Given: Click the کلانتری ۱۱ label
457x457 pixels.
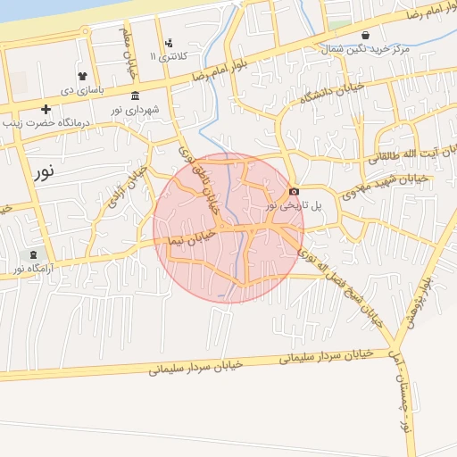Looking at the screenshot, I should [164, 55].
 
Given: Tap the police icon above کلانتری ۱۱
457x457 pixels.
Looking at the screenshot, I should [170, 42].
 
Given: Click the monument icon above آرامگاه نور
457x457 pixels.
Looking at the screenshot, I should [34, 254].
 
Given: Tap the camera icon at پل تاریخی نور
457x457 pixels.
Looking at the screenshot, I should [295, 191].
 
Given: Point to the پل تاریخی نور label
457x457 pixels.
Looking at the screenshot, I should [295, 205].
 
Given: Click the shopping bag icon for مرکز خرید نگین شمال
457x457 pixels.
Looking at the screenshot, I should [390, 36].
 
